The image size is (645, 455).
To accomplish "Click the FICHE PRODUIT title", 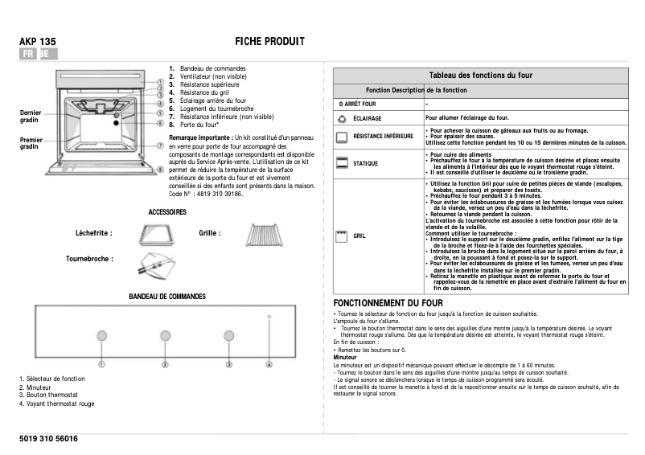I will click(269, 41).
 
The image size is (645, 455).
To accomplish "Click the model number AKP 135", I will click(37, 41).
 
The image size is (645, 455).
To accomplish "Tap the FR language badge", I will click(28, 54).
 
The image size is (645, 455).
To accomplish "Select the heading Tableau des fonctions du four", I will click(480, 75).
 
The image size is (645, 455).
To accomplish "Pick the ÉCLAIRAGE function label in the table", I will click(368, 119).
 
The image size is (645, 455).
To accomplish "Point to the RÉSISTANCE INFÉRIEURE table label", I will click(383, 137).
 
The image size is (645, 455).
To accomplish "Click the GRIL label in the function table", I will click(359, 236).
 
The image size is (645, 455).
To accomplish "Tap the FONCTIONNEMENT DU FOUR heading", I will click(388, 301).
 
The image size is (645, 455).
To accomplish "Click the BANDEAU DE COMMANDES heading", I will click(167, 297).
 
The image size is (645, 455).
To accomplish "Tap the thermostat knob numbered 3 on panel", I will click(228, 337).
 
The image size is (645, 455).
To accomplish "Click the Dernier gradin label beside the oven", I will click(30, 116).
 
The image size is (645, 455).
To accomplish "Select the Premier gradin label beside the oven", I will click(31, 143).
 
